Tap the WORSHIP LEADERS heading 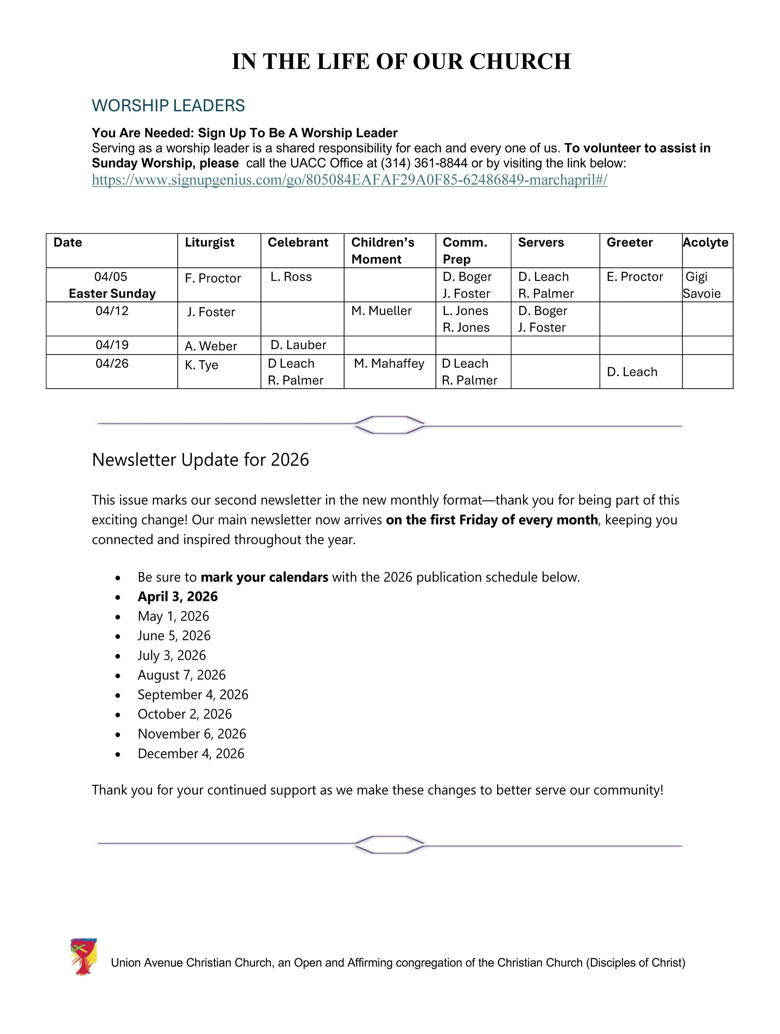coord(168,106)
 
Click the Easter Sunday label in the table coord(112,294)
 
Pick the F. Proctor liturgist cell coord(213,278)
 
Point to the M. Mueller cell coord(381,311)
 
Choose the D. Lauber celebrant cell coord(298,345)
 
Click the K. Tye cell coord(202,365)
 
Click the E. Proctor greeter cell coord(635,277)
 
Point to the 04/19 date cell coord(112,345)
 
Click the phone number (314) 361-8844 coord(424,163)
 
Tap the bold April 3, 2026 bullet coord(178,597)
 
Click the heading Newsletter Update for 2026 coord(201,460)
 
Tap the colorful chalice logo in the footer coord(83,956)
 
